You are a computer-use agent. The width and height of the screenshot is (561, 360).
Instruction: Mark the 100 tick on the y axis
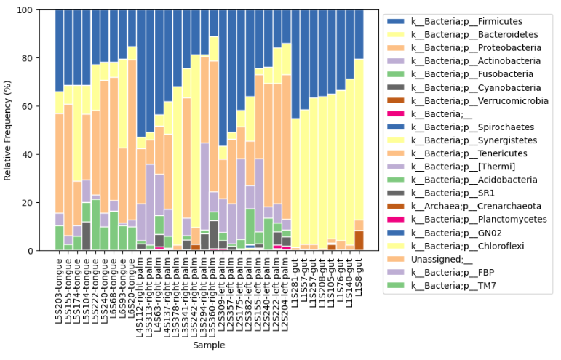pos(43,10)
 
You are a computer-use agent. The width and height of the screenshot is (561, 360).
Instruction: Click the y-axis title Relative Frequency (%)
pos(9,130)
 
